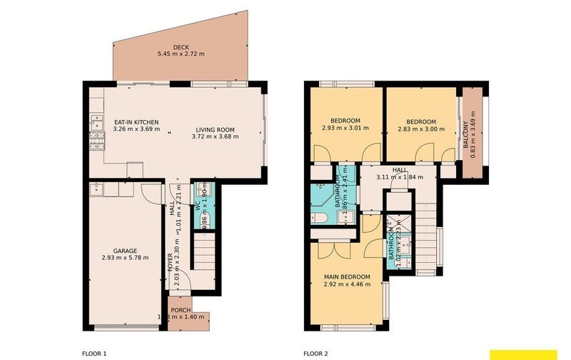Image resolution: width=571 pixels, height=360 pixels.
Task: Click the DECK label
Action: click(x=180, y=46)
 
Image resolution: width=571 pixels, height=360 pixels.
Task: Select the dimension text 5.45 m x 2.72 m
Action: click(x=180, y=54)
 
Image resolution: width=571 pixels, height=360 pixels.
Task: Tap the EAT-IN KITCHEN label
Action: click(x=136, y=122)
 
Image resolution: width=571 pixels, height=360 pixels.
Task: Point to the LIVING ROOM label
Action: click(x=215, y=130)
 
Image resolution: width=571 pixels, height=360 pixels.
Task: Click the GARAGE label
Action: click(x=124, y=250)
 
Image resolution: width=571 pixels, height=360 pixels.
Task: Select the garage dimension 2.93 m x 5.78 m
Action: click(x=124, y=258)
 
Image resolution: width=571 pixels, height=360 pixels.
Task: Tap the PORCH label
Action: click(x=181, y=309)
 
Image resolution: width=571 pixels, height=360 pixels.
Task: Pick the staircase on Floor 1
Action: click(x=205, y=254)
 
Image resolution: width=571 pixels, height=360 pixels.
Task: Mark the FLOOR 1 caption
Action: click(x=94, y=353)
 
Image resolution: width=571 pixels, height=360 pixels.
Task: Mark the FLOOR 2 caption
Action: click(x=315, y=353)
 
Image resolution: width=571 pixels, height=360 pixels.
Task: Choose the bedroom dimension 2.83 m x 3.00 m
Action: click(x=420, y=129)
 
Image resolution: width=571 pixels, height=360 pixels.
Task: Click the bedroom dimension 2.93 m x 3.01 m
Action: click(x=345, y=129)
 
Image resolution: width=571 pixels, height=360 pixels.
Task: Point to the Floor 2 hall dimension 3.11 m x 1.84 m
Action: click(x=399, y=176)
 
